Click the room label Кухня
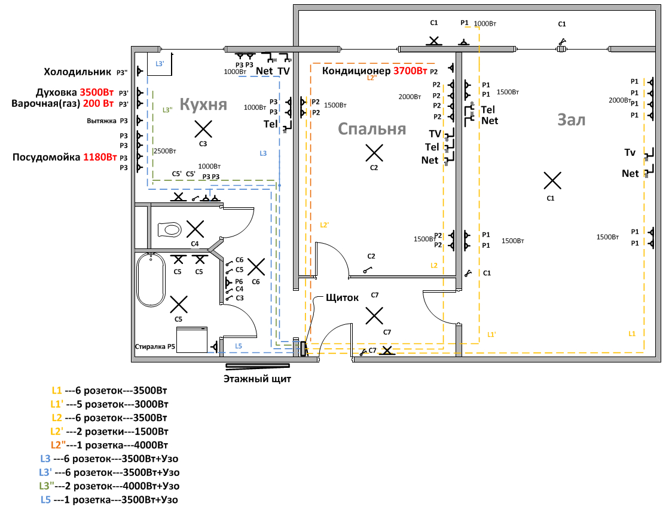pyautogui.click(x=203, y=104)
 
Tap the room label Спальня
pyautogui.click(x=371, y=129)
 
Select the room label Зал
pyautogui.click(x=572, y=120)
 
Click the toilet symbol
pyautogui.click(x=169, y=229)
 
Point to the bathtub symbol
pyautogui.click(x=151, y=279)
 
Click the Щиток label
pyautogui.click(x=342, y=297)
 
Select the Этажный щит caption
pyautogui.click(x=257, y=379)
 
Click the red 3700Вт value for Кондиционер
pyautogui.click(x=410, y=70)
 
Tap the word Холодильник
pyautogui.click(x=78, y=72)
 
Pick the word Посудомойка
pyautogui.click(x=46, y=157)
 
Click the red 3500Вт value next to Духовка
pyautogui.click(x=97, y=92)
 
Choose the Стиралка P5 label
pyautogui.click(x=155, y=346)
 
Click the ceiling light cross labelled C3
pyautogui.click(x=203, y=129)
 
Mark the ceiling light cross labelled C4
pyautogui.click(x=195, y=229)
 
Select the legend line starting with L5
pyautogui.click(x=109, y=500)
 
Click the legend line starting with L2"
pyautogui.click(x=109, y=445)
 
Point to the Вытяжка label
pyautogui.click(x=102, y=121)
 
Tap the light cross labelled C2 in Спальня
pyautogui.click(x=374, y=153)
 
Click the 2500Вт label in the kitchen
pyautogui.click(x=165, y=150)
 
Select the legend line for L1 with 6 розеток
pyautogui.click(x=109, y=391)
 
